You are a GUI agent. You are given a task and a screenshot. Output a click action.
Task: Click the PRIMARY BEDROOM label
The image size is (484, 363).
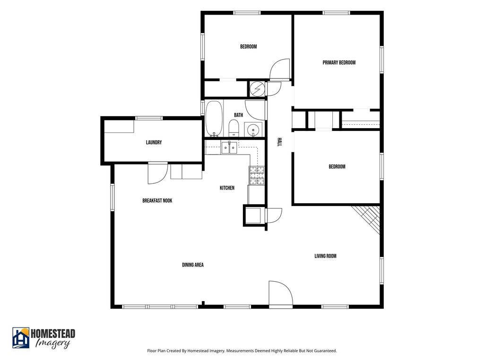click(x=339, y=62)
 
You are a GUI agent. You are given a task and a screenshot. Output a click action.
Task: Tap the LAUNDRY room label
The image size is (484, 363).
click(x=154, y=142)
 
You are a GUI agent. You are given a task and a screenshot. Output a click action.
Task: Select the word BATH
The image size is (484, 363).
click(x=238, y=115)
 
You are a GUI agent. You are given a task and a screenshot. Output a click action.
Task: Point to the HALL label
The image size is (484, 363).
click(x=279, y=142)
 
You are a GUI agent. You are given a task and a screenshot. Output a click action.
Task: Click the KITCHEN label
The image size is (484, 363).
click(x=227, y=188)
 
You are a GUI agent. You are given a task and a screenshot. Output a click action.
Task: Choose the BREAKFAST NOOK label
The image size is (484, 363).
click(x=157, y=200)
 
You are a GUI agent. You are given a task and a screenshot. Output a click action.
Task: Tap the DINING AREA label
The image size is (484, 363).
click(x=193, y=265)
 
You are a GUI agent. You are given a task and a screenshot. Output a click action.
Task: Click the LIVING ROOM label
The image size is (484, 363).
click(x=325, y=256)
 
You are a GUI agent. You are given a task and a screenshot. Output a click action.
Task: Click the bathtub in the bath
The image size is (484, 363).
click(x=214, y=119)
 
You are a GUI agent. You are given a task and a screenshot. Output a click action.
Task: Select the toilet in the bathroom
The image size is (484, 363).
click(x=233, y=128)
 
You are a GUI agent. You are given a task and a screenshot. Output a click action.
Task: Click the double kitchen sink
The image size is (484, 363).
click(x=229, y=148)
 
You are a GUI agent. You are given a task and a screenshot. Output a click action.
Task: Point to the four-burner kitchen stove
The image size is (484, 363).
click(x=257, y=176)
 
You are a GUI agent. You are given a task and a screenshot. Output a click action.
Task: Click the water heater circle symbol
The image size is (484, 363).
click(x=257, y=89)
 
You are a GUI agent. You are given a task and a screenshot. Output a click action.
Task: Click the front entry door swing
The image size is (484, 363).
click(x=281, y=294)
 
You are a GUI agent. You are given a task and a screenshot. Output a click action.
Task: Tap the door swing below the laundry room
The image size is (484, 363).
click(x=158, y=173)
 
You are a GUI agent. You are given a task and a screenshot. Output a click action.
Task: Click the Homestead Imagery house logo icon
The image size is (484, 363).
click(x=21, y=338)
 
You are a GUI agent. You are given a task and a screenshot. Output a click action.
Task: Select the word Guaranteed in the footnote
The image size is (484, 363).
click(x=326, y=351)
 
